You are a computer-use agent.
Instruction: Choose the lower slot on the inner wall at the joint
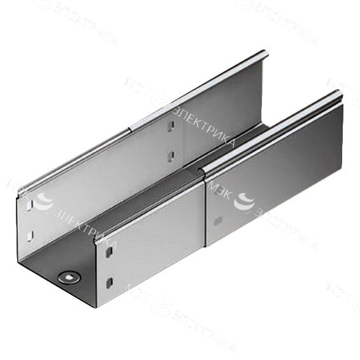[170, 155]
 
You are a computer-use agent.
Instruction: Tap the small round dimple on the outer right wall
[218, 221]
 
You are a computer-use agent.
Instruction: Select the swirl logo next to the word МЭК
[242, 202]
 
